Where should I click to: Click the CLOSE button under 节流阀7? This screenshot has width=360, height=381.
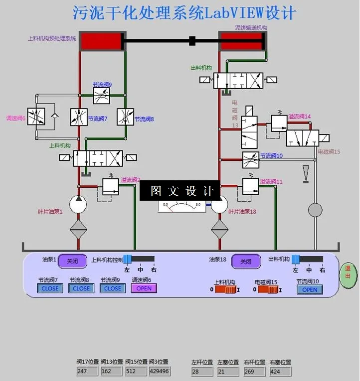point(50,288)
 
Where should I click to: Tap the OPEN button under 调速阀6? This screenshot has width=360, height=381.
point(144,288)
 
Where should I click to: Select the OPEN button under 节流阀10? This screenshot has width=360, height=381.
point(310,290)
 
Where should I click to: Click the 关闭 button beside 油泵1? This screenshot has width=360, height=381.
point(72,261)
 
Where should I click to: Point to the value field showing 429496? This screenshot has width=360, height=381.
point(159,372)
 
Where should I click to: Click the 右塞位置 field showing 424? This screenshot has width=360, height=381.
point(280,372)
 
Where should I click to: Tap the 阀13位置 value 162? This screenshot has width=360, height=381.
point(111,372)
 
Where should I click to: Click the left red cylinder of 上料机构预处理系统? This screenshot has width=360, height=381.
point(102,41)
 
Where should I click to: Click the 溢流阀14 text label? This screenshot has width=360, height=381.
point(300,117)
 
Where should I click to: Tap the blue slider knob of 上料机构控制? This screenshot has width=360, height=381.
point(127,259)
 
